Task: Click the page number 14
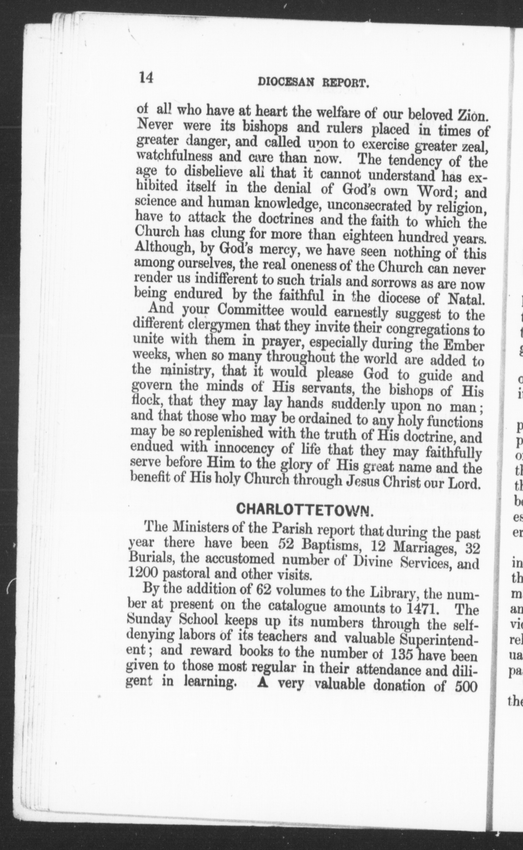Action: [146, 77]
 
